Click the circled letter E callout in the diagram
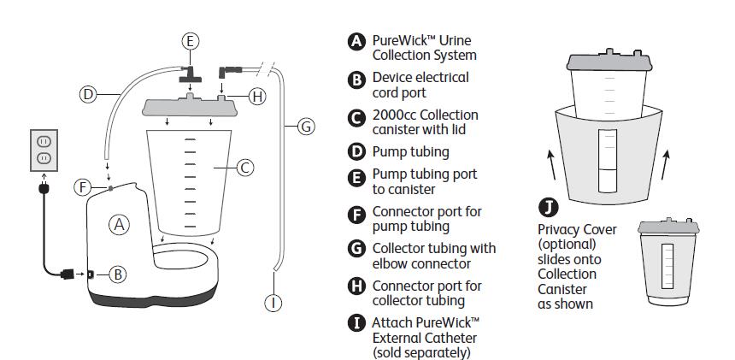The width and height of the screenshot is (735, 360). [x=191, y=40]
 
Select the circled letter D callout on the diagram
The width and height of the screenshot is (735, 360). [x=88, y=94]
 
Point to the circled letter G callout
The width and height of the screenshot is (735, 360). [x=305, y=127]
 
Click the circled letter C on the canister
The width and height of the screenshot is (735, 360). [x=244, y=168]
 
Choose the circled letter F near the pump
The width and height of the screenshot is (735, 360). [x=82, y=186]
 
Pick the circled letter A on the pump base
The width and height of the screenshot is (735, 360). [x=120, y=225]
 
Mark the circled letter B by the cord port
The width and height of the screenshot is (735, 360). [x=118, y=274]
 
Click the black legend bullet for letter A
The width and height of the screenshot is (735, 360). [x=356, y=42]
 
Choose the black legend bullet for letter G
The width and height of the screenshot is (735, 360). [x=356, y=249]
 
